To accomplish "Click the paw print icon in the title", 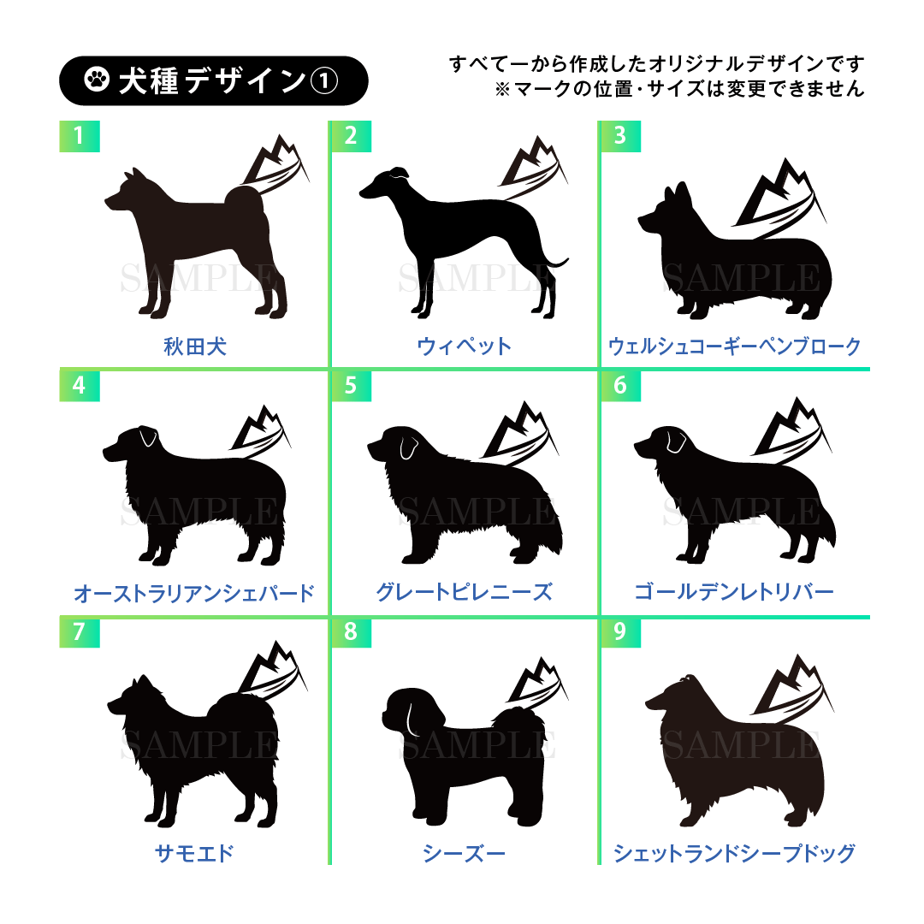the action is coord(97,80).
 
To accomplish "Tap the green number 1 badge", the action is coord(80,136).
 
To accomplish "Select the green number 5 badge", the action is coord(352,385).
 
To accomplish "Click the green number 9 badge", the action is coord(620,631).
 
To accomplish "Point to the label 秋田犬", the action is coord(195,346).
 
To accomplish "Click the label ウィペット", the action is coord(465,346).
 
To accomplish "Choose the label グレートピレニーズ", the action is coord(465,592).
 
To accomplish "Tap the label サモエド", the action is coord(194,853).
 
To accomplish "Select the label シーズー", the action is coord(465,853).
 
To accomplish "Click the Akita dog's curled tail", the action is coord(246,200).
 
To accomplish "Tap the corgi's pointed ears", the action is coord(677,194).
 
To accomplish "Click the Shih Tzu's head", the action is coord(412,711).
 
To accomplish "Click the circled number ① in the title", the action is coord(324,80).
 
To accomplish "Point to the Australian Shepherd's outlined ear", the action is coord(148,436).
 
